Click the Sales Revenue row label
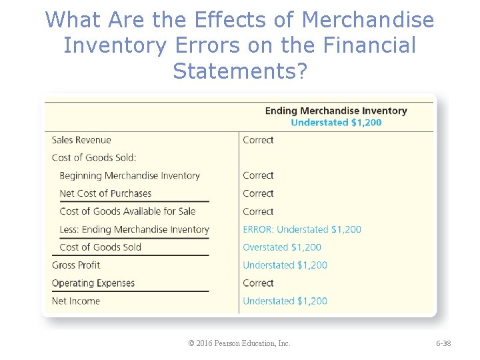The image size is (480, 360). (81, 140)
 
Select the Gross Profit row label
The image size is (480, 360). (76, 265)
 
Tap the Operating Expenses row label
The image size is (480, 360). (93, 283)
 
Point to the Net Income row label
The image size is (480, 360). (76, 301)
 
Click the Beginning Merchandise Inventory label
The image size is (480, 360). (129, 176)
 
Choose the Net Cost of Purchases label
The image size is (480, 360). (105, 194)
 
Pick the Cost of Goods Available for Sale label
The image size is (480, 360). (127, 212)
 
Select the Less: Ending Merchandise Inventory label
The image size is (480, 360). (134, 230)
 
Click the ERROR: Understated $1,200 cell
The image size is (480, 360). (302, 229)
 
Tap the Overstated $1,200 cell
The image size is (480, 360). (282, 247)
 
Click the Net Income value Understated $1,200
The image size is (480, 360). (285, 301)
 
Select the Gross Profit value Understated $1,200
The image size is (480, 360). (285, 265)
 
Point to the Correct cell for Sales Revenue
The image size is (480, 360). (258, 140)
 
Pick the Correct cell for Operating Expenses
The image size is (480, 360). (258, 283)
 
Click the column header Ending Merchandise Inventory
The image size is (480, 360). (336, 111)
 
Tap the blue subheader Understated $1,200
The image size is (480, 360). (336, 122)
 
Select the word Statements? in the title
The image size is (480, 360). (240, 70)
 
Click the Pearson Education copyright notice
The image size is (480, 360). (239, 343)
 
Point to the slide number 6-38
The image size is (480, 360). (443, 343)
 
